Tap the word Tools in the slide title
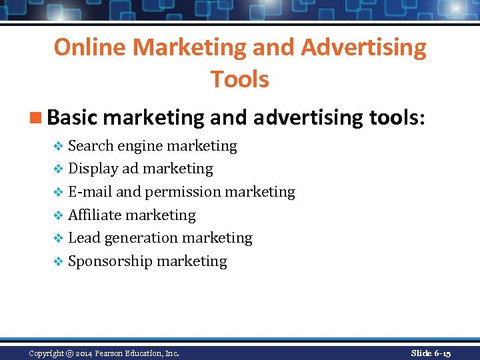click(240, 79)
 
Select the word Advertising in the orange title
click(363, 47)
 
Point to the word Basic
click(73, 117)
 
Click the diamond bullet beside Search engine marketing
click(58, 146)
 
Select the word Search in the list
click(91, 145)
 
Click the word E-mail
click(90, 192)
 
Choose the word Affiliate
click(95, 215)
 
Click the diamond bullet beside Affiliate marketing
click(58, 215)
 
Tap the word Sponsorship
click(111, 261)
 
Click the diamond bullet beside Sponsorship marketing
click(58, 262)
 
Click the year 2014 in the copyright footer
click(85, 353)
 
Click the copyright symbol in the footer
click(69, 353)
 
